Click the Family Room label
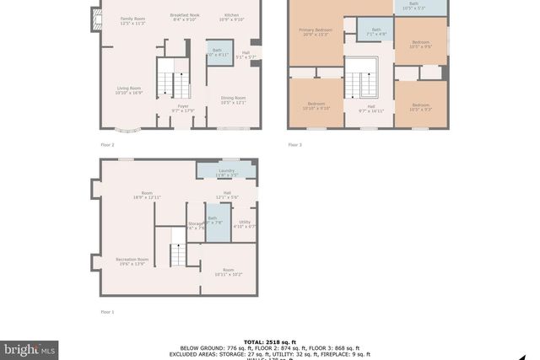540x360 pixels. (x=132, y=21)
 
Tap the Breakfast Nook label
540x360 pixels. (x=183, y=18)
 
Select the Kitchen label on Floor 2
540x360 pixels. (x=232, y=18)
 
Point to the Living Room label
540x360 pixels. (x=129, y=91)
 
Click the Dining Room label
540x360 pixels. (x=231, y=100)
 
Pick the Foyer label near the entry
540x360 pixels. (x=183, y=108)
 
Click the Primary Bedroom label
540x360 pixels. (x=316, y=33)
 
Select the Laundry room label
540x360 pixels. (x=226, y=172)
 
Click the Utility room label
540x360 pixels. (x=245, y=224)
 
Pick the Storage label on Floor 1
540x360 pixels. (x=196, y=225)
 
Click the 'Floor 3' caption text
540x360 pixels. (x=294, y=145)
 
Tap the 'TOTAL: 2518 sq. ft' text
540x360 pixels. (x=269, y=341)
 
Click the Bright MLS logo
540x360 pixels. (x=30, y=347)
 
